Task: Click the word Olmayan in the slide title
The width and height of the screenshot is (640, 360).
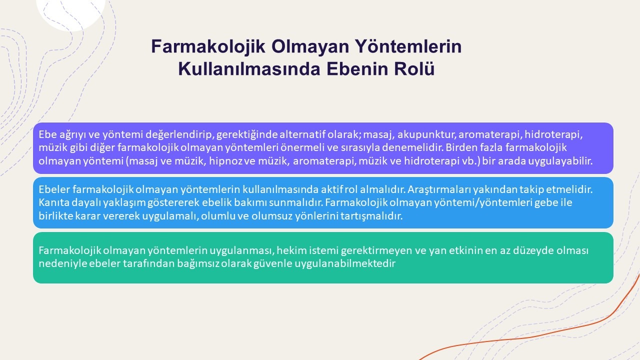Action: [x=310, y=46]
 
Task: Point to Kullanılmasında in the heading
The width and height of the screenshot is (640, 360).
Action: [x=249, y=69]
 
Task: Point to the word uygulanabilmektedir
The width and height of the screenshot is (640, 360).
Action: [x=345, y=263]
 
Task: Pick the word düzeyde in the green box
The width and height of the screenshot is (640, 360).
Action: [x=532, y=250]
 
